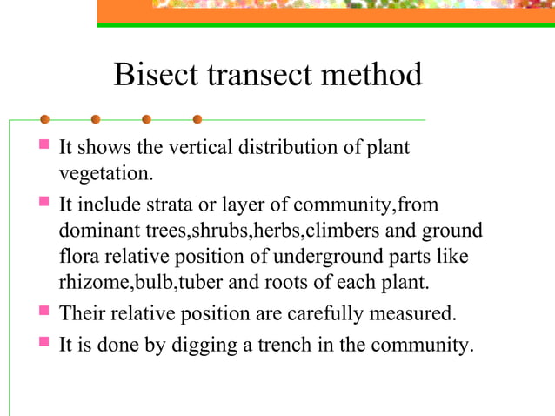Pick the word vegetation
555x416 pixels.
[x=105, y=174]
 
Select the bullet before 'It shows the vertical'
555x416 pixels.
[x=43, y=147]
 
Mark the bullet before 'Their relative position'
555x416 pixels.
[x=43, y=311]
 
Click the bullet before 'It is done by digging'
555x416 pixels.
[x=43, y=343]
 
